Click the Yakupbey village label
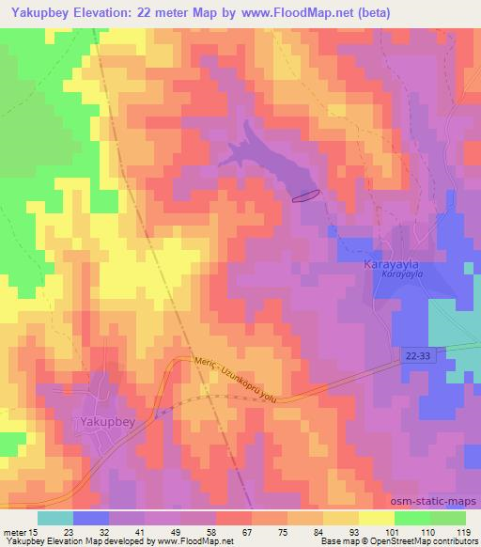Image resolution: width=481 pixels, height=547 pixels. pos(108,422)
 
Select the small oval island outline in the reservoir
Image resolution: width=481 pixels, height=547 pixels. pos(306,195)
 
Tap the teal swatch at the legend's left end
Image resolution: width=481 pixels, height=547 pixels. pos(55,518)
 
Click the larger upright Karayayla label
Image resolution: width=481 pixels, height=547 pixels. pos(390,266)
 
